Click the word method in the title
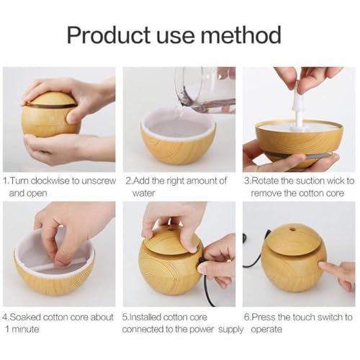[x=240, y=35]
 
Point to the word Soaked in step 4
[x=28, y=317]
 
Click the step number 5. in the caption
[x=126, y=317]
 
